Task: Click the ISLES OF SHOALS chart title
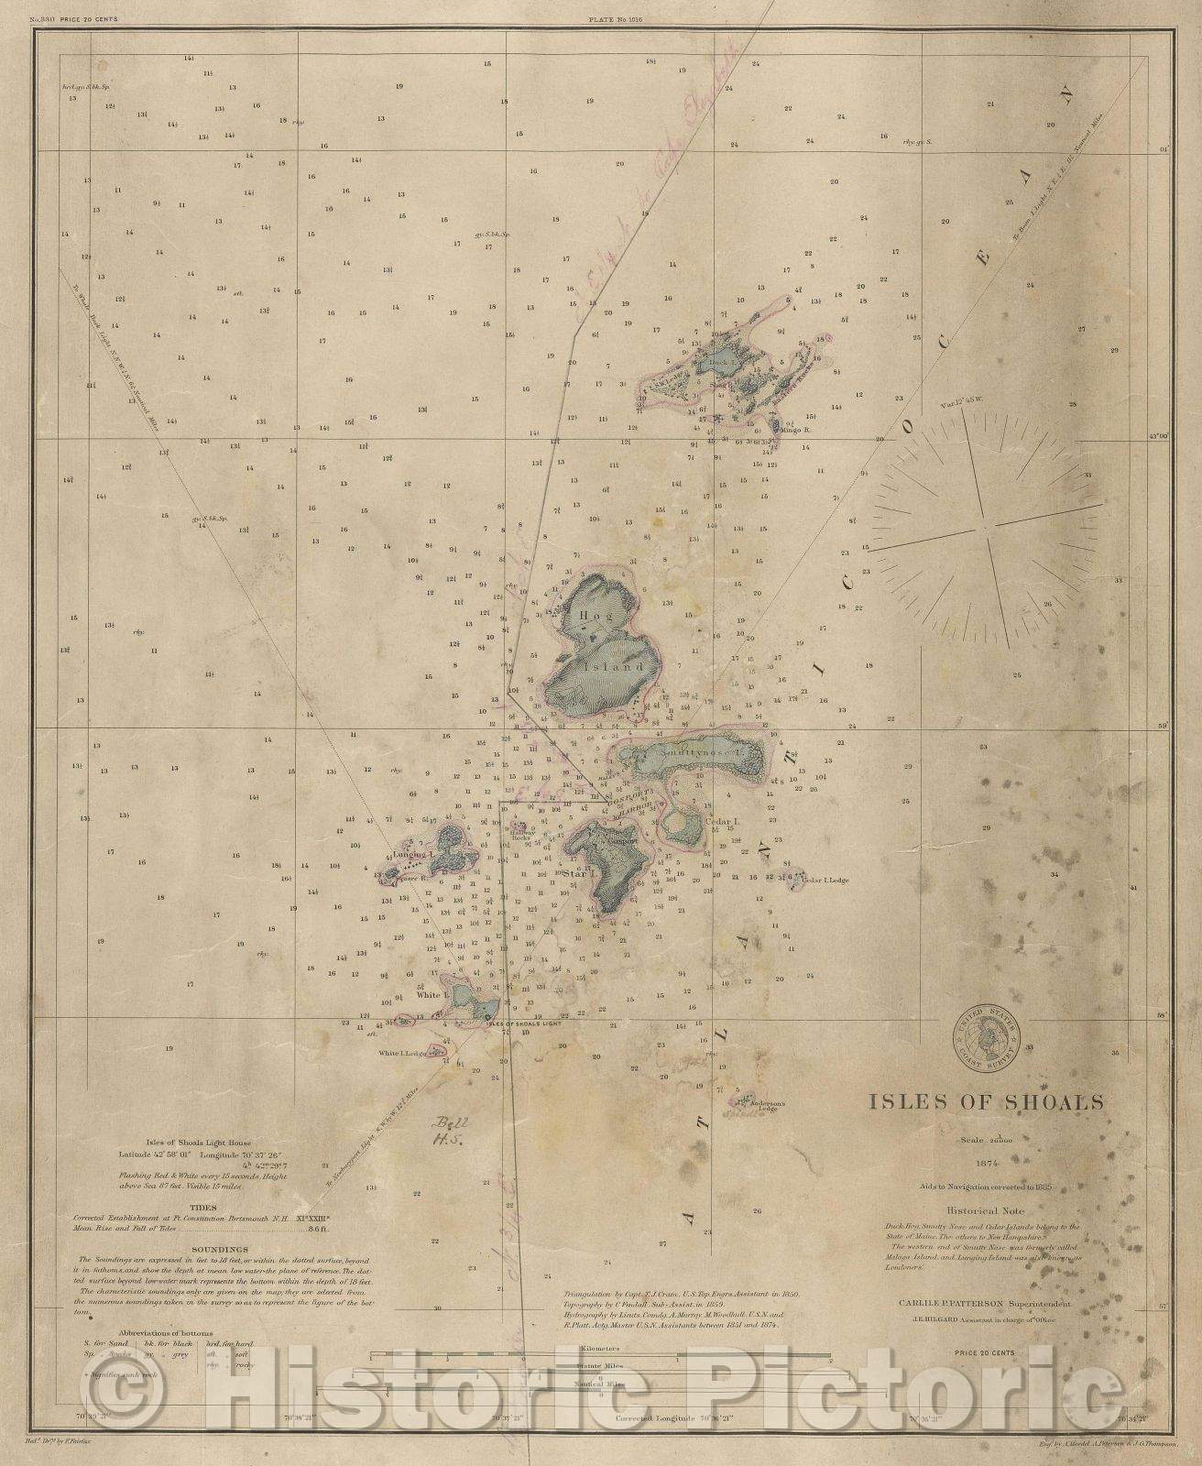[x=987, y=1102]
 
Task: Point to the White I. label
[x=430, y=994]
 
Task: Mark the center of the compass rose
[x=983, y=529]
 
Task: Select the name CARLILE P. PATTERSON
[x=957, y=1301]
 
